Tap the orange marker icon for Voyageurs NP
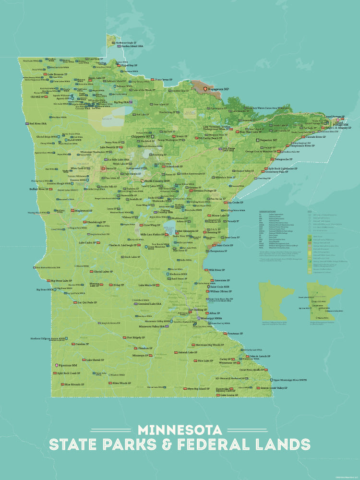coord(205,89)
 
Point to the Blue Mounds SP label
coord(74,384)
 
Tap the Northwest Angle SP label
coord(127,43)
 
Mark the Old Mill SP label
coord(38,96)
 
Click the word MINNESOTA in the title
coord(180,429)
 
